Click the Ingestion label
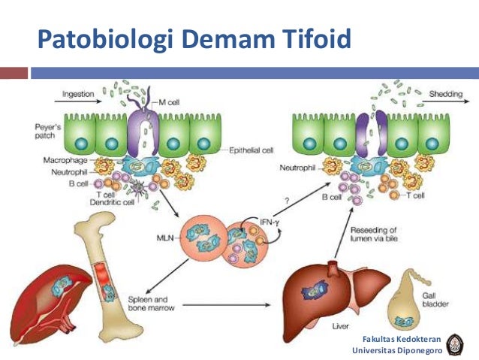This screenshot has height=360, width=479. [x=78, y=95]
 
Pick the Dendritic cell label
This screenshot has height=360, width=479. [x=86, y=201]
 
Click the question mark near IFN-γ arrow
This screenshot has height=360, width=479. [x=287, y=199]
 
